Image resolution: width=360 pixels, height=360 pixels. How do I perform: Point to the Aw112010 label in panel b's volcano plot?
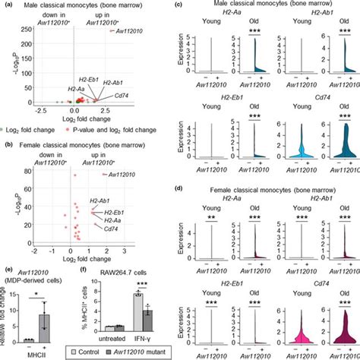click(116, 175)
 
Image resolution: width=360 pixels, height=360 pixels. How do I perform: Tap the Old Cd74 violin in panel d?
click(333, 331)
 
